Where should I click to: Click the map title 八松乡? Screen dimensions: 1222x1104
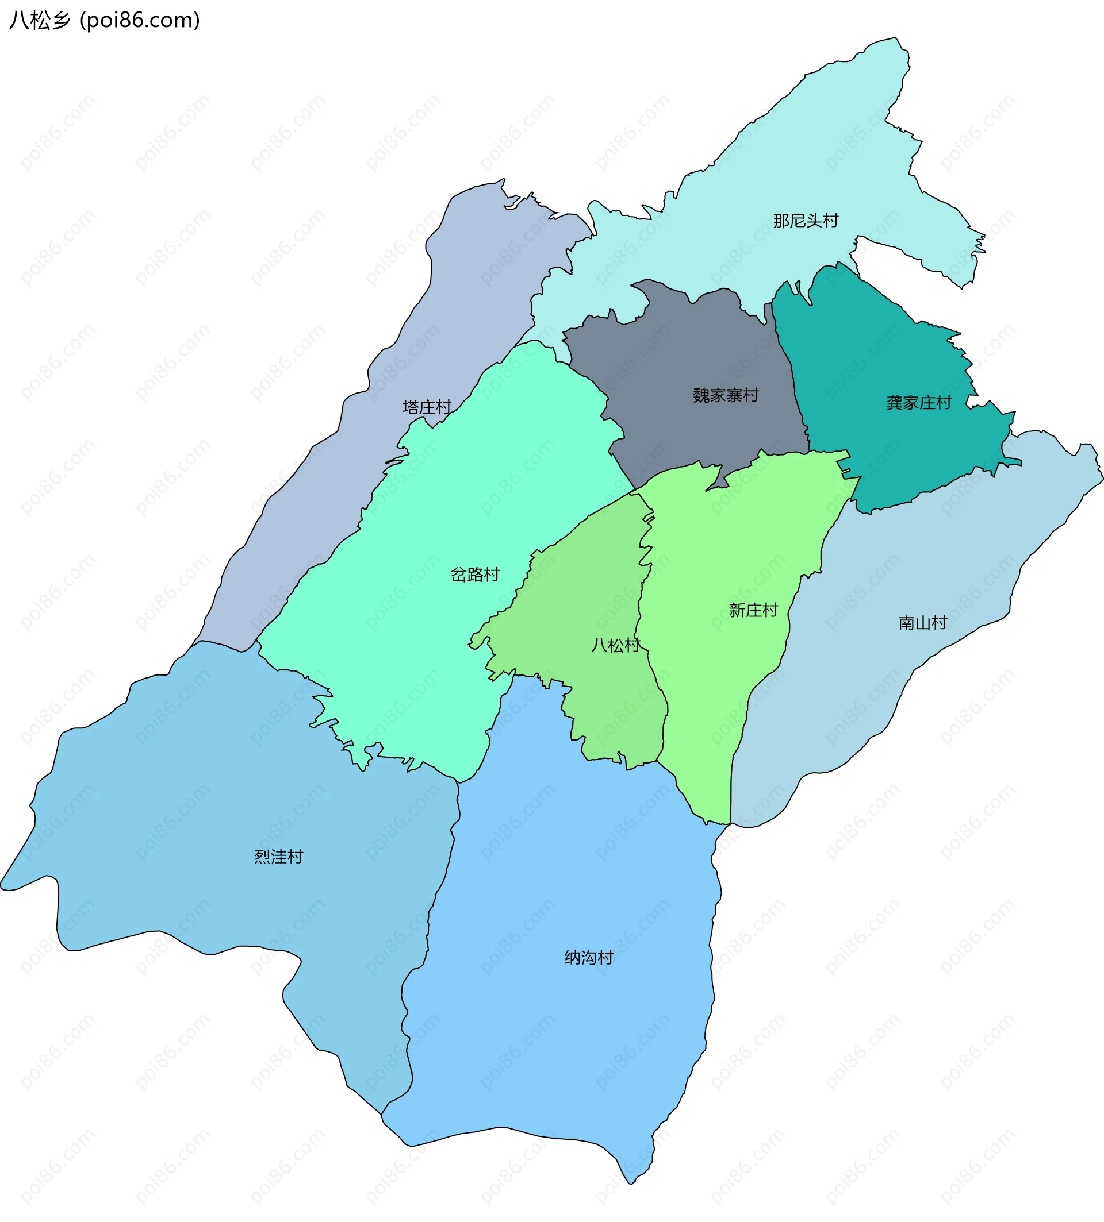pos(40,20)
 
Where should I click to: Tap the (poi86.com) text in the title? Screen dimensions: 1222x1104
pos(140,20)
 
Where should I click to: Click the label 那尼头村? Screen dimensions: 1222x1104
pos(805,221)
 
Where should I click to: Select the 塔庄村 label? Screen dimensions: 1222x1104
pos(427,407)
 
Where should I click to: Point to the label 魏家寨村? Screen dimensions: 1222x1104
pos(726,395)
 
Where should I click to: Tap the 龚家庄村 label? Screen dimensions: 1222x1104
pos(918,403)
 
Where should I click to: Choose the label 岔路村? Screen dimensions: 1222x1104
pos(475,575)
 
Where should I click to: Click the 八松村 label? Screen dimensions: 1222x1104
pos(615,645)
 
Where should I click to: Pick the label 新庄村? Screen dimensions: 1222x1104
pos(753,610)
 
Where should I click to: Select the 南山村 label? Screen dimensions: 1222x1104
pos(922,623)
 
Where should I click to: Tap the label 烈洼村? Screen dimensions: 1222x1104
pos(278,857)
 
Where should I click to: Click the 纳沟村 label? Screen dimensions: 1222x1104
pos(588,957)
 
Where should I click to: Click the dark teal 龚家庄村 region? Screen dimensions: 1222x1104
pos(880,352)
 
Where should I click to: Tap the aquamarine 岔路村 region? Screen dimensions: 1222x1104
pos(424,637)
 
